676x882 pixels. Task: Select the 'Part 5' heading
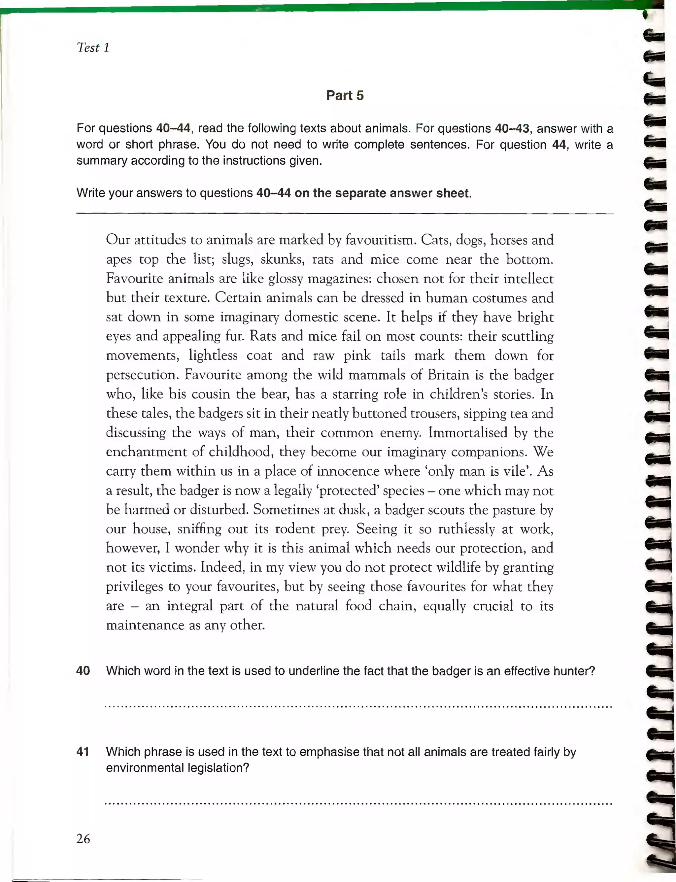(345, 95)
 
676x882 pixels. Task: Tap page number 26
(83, 838)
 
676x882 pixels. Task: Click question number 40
(83, 671)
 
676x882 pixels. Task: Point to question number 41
(83, 752)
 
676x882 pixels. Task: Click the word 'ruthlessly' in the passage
(466, 529)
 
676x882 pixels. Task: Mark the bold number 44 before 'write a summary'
(559, 145)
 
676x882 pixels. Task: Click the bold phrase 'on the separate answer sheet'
(382, 193)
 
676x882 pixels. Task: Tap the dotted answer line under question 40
(358, 707)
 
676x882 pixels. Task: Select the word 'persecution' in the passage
(142, 375)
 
